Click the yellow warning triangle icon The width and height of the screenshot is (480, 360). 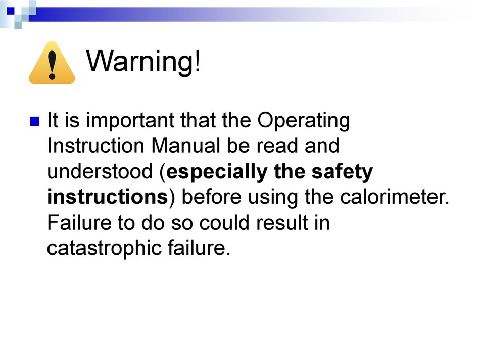pos(52,63)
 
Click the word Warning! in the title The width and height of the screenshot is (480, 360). pos(143,61)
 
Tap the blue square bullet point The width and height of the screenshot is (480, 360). pos(34,121)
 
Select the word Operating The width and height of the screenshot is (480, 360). pos(303,121)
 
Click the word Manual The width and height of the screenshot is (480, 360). pos(185,145)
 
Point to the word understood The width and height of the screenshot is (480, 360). pos(100,171)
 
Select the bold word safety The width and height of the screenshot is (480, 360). pos(342,172)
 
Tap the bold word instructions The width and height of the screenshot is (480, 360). pos(108,197)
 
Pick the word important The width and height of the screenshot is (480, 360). pos(130,121)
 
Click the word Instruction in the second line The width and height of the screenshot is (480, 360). pos(95,145)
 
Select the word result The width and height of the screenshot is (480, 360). pos(282,222)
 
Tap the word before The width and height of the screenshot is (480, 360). pos(212,197)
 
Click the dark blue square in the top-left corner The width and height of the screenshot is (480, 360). pos(11,11)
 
